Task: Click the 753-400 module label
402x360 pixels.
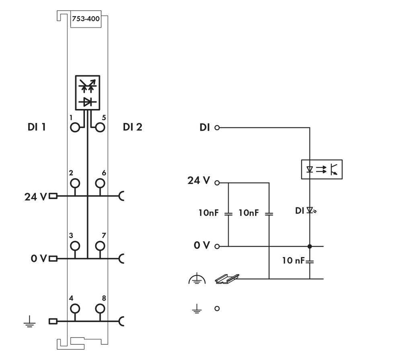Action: [86, 19]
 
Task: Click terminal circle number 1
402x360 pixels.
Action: [75, 128]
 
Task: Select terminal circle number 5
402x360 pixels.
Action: [100, 128]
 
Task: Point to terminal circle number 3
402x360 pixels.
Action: [75, 245]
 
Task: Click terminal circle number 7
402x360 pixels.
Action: [100, 245]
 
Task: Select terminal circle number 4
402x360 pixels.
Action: [75, 309]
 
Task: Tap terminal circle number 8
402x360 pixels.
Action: [100, 309]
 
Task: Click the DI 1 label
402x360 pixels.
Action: [37, 127]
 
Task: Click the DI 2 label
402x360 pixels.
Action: [133, 127]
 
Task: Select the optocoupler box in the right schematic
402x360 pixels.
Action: [322, 169]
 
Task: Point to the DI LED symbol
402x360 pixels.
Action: [310, 210]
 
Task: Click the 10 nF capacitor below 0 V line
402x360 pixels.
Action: [310, 261]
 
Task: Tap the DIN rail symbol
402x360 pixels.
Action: [227, 279]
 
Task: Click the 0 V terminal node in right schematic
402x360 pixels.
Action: [217, 246]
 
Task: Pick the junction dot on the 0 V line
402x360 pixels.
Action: [310, 246]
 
